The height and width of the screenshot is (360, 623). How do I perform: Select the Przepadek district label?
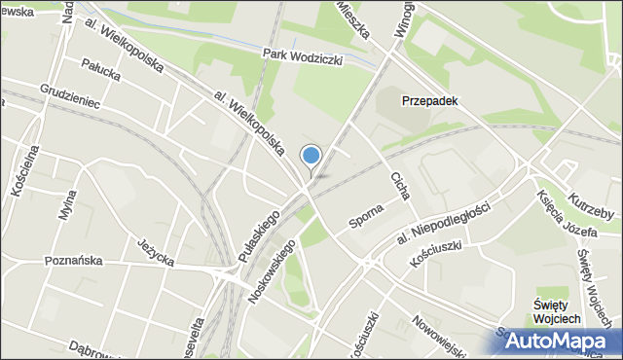pyautogui.click(x=430, y=100)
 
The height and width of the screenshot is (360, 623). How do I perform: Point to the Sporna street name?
pyautogui.click(x=367, y=218)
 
